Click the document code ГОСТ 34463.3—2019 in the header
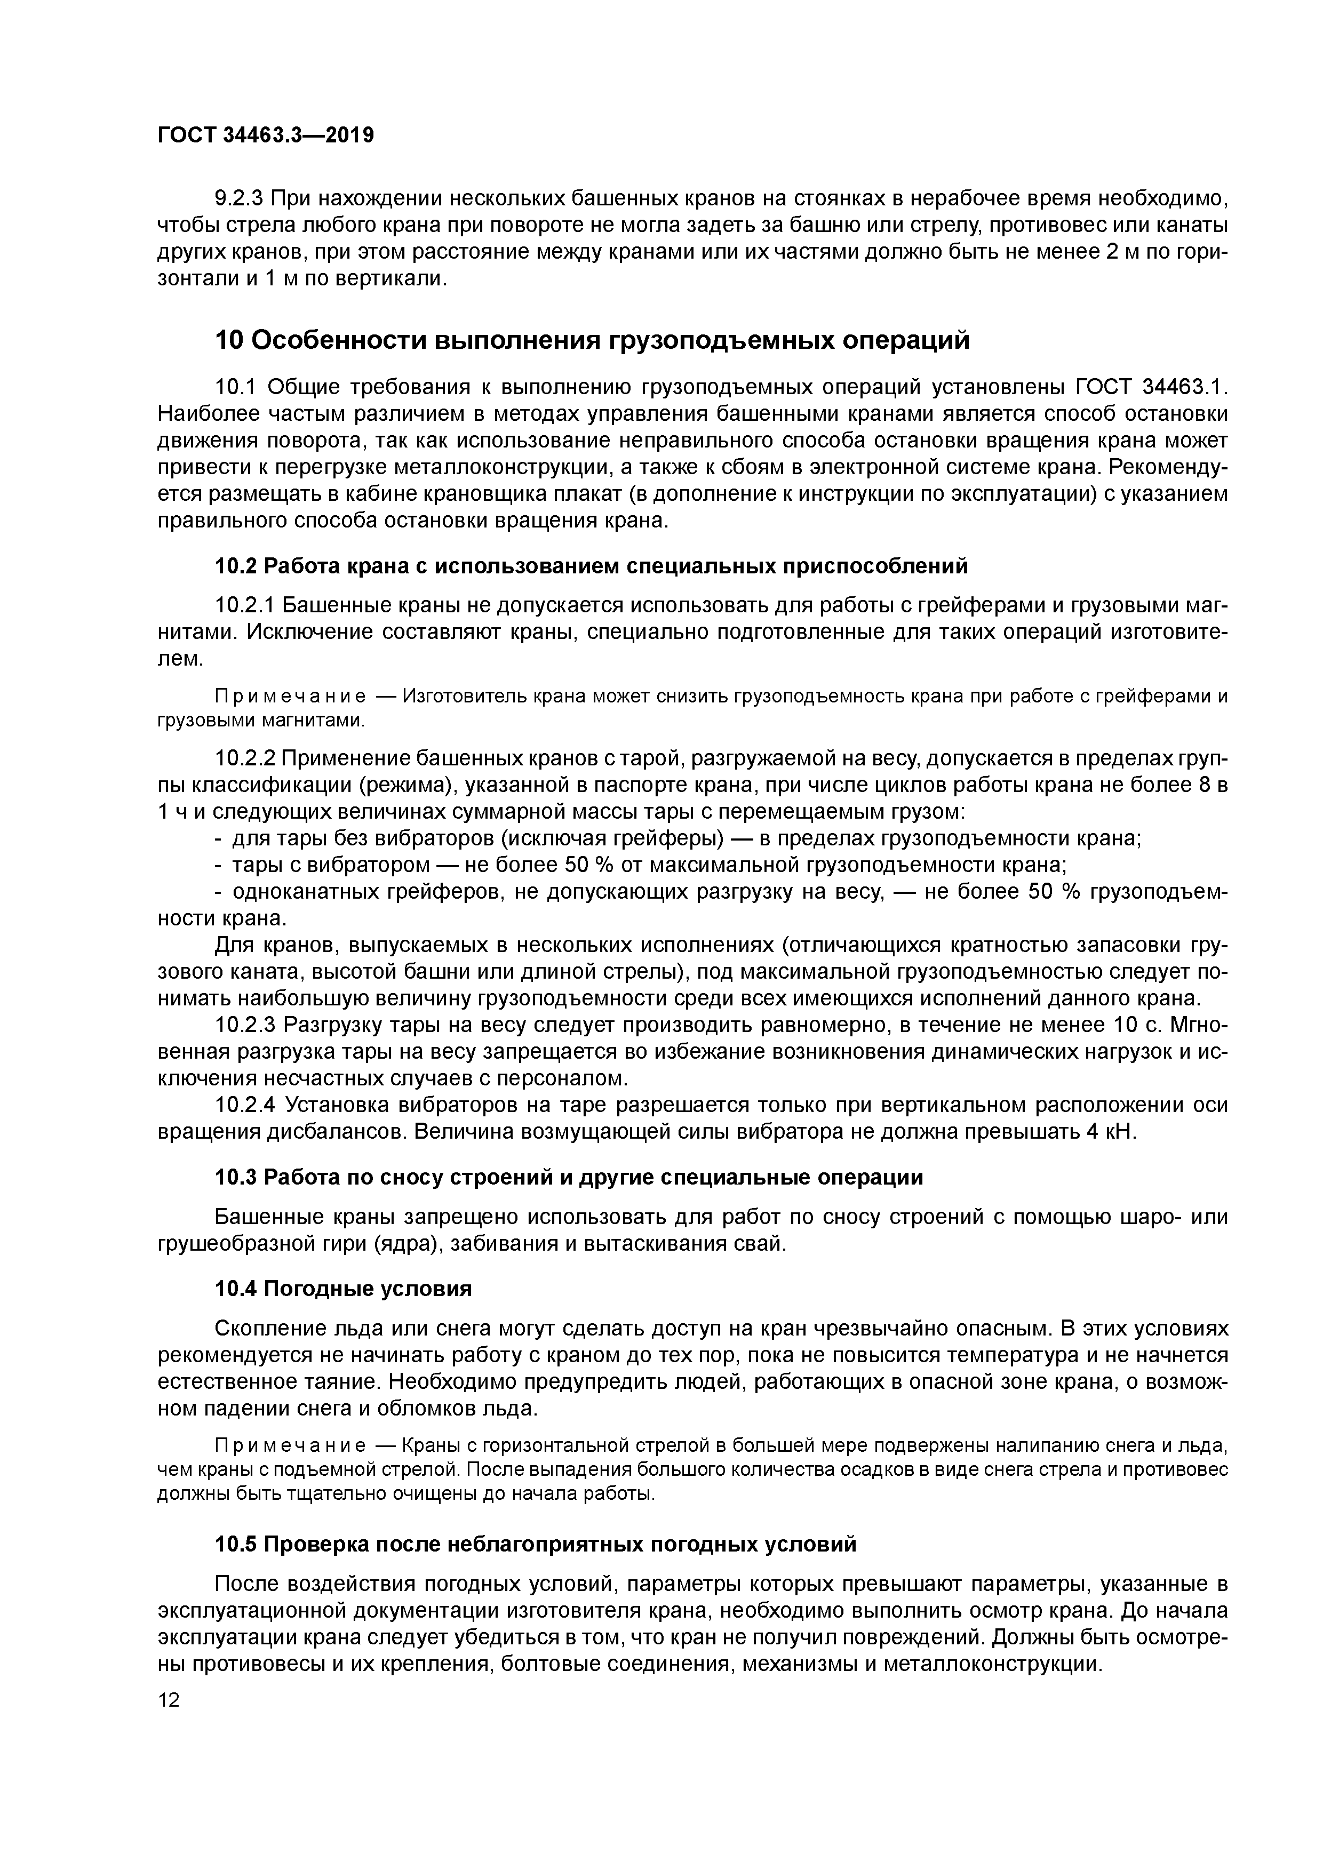(265, 135)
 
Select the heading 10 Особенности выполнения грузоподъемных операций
(592, 340)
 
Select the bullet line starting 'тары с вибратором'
(648, 865)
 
